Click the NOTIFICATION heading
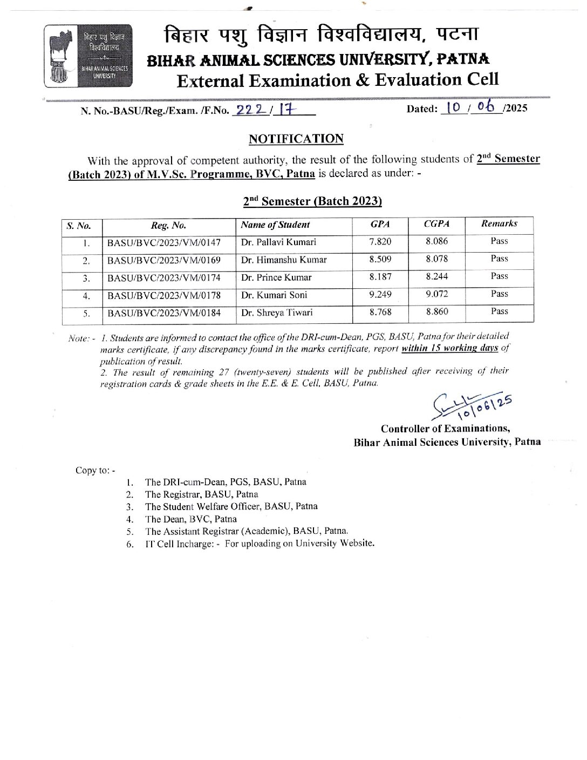[296, 139]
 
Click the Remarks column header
[499, 224]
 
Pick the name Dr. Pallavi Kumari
[278, 242]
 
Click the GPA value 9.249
[380, 295]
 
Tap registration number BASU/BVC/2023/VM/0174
[164, 278]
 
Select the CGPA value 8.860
[436, 312]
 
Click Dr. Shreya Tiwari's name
[277, 313]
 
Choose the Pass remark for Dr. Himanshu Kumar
[499, 259]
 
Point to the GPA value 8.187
[380, 277]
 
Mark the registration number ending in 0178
[164, 295]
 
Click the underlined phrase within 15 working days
[449, 348]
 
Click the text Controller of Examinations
[445, 429]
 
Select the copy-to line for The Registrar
[201, 494]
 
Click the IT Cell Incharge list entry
[259, 544]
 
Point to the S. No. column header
[79, 226]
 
